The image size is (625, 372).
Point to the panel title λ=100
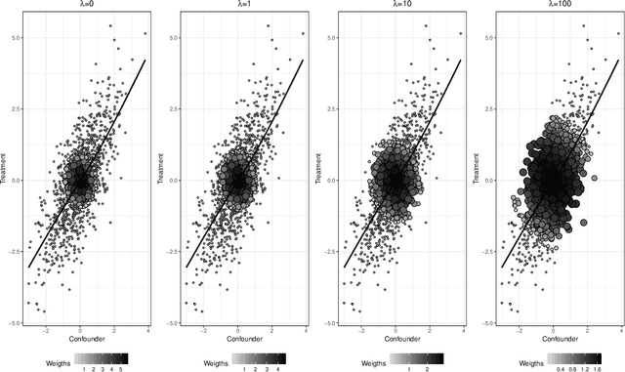554,6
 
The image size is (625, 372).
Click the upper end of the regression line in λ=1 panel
303,60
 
